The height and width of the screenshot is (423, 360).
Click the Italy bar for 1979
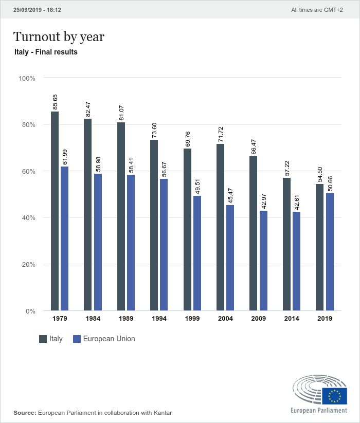(55, 211)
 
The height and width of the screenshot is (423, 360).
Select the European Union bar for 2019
(330, 252)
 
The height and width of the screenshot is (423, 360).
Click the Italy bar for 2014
(286, 244)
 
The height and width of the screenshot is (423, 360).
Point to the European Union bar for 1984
(98, 242)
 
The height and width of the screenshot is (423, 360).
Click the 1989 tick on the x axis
(126, 319)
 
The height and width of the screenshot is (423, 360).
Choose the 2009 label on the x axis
(258, 319)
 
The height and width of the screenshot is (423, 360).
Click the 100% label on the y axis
(27, 78)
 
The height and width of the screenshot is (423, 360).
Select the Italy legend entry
(51, 339)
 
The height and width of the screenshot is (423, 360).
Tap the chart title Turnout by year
(59, 36)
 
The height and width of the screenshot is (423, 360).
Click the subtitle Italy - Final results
(46, 52)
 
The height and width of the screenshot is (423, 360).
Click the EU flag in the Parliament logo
(335, 395)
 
